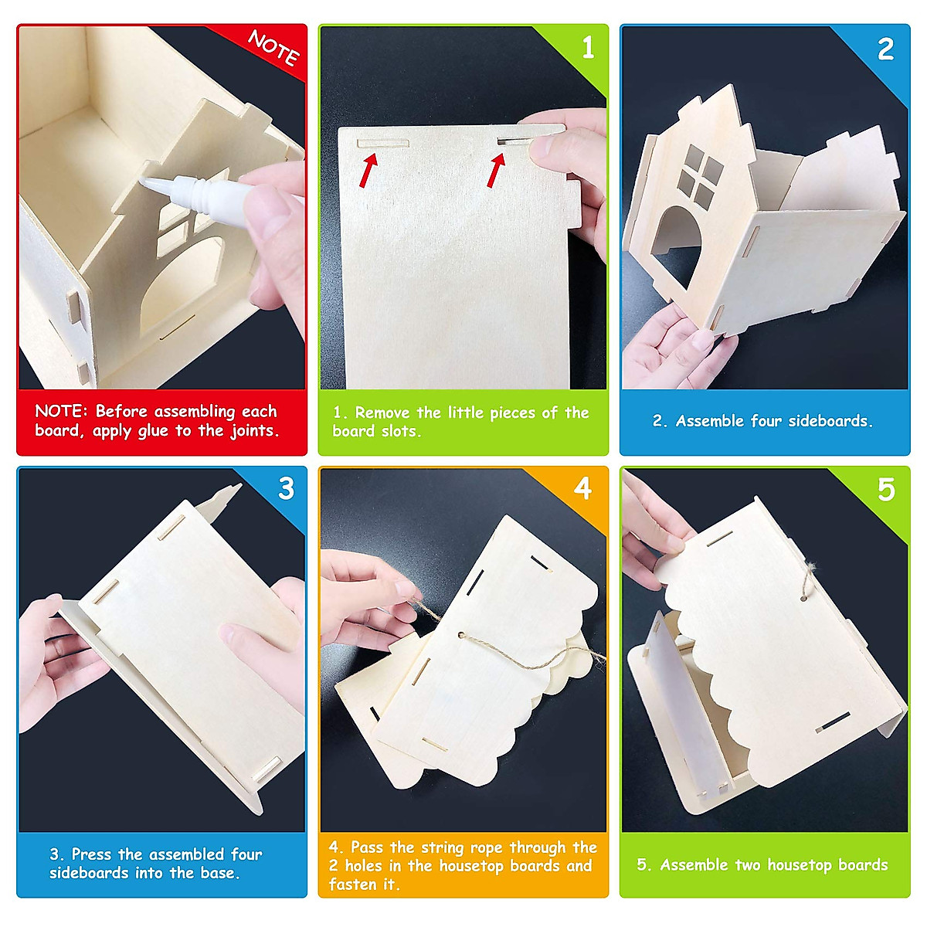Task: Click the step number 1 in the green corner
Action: tap(589, 48)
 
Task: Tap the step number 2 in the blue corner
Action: tap(885, 50)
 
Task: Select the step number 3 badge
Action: tap(287, 488)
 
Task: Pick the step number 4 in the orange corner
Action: tap(583, 488)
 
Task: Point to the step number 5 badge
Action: tap(886, 490)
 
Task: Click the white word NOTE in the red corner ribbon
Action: tap(273, 48)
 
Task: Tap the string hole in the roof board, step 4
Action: tap(463, 636)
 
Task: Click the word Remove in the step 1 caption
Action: tap(382, 413)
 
